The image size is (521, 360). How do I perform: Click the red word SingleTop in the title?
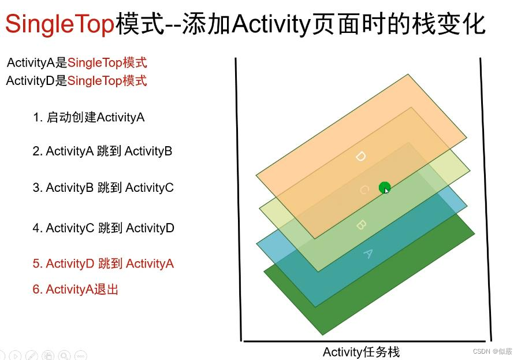(x=60, y=24)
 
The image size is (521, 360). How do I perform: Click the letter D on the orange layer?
(x=360, y=156)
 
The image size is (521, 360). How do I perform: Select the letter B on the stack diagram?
(x=360, y=224)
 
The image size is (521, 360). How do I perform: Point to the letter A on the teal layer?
(x=367, y=253)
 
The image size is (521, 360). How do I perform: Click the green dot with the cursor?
(x=384, y=187)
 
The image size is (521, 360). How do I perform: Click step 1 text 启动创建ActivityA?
(x=88, y=117)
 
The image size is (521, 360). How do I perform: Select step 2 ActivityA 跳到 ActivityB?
(x=102, y=151)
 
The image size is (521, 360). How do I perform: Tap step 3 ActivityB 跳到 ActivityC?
(x=103, y=188)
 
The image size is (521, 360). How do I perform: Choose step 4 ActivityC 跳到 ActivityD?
(x=103, y=228)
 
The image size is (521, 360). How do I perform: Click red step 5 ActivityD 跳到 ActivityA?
(x=103, y=263)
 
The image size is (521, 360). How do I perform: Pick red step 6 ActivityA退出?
(x=76, y=289)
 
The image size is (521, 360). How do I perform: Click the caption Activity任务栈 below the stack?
(x=361, y=352)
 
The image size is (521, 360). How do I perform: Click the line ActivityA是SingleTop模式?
(x=77, y=63)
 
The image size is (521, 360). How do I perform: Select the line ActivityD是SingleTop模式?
(x=77, y=80)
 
